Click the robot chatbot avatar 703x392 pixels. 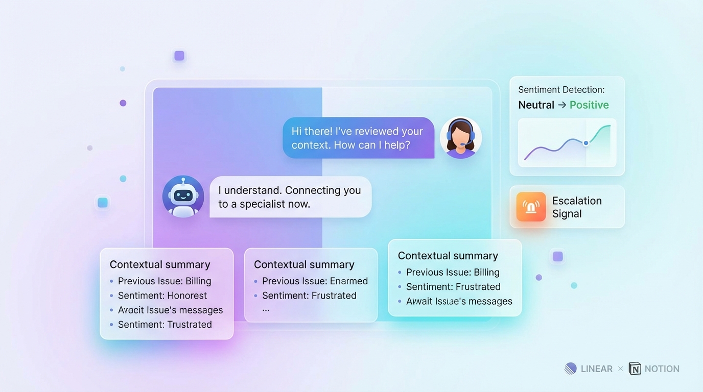(183, 197)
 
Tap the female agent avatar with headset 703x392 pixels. (460, 138)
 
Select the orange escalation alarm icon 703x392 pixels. (531, 207)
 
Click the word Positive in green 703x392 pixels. (589, 105)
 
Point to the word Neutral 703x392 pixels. (536, 105)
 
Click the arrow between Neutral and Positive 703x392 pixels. (562, 105)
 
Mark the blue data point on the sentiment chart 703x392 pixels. (585, 143)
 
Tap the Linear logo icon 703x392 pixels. (571, 369)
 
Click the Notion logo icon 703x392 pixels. (635, 369)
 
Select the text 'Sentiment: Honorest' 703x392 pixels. (162, 296)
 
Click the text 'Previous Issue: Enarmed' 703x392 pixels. (315, 281)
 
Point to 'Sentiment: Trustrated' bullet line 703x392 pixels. (165, 324)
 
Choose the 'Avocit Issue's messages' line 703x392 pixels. (171, 310)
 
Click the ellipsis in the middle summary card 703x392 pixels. (266, 310)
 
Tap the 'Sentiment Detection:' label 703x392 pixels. (561, 90)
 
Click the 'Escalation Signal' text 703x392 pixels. (577, 207)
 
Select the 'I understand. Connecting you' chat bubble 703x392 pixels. (291, 197)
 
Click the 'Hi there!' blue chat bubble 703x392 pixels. (359, 138)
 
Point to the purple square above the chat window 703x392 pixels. (179, 56)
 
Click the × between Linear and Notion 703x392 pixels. (620, 369)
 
